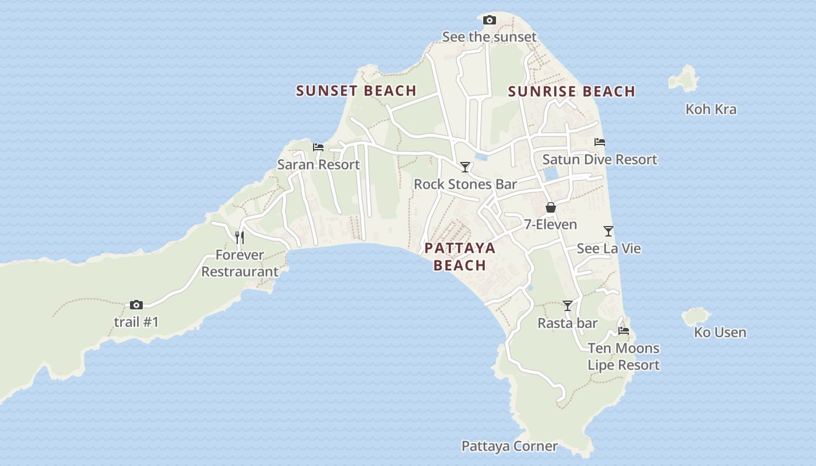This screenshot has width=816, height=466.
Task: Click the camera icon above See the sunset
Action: pyautogui.click(x=490, y=20)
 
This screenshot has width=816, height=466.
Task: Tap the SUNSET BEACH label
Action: pyautogui.click(x=356, y=91)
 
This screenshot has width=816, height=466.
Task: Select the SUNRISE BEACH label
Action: pyautogui.click(x=571, y=91)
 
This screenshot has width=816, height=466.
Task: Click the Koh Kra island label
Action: pyautogui.click(x=711, y=110)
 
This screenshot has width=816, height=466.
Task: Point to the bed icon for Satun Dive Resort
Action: pyautogui.click(x=599, y=142)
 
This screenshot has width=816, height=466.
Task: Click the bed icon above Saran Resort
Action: pyautogui.click(x=318, y=147)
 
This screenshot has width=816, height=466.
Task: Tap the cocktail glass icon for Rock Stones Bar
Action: pyautogui.click(x=465, y=167)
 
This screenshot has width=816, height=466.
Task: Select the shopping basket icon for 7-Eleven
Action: pyautogui.click(x=550, y=207)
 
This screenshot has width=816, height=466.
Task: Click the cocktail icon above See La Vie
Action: pyautogui.click(x=609, y=231)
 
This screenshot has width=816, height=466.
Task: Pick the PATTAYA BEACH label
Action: pyautogui.click(x=460, y=257)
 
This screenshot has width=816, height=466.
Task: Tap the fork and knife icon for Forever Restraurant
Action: pyautogui.click(x=239, y=238)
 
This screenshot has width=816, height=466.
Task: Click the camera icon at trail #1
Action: pyautogui.click(x=136, y=305)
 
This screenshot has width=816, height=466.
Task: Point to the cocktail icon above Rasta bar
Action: pyautogui.click(x=567, y=306)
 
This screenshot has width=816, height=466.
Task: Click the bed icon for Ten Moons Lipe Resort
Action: pyautogui.click(x=624, y=331)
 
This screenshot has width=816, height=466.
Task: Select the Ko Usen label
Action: pyautogui.click(x=720, y=333)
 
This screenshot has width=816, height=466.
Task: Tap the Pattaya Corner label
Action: pyautogui.click(x=509, y=447)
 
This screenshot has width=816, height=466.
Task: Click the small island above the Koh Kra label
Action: pyautogui.click(x=684, y=79)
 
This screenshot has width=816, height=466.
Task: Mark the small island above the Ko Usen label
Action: pyautogui.click(x=696, y=316)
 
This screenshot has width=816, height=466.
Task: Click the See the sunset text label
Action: pyautogui.click(x=489, y=37)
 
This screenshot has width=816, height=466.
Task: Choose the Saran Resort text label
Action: pyautogui.click(x=318, y=165)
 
